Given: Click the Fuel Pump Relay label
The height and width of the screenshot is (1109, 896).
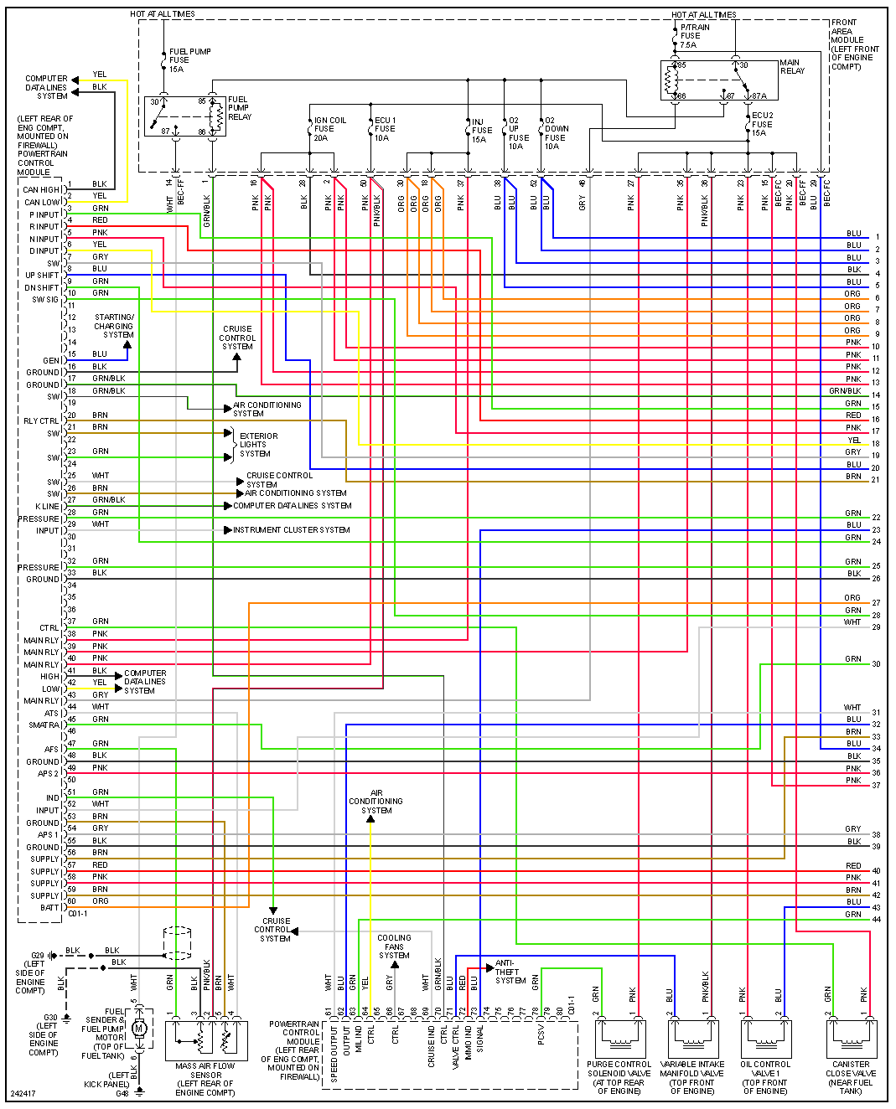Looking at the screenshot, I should tap(238, 108).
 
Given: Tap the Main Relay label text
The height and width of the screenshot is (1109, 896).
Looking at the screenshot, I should tap(791, 66).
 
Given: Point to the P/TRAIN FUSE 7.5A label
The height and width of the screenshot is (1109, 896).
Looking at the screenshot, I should tap(694, 36).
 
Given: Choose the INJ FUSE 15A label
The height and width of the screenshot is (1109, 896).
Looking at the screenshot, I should tap(481, 131).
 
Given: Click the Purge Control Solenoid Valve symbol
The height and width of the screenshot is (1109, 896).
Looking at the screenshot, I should tap(619, 1039).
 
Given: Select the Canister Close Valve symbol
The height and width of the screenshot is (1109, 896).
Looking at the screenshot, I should tap(850, 1039).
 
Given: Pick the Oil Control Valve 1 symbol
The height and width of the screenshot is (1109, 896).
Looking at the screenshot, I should tap(765, 1039).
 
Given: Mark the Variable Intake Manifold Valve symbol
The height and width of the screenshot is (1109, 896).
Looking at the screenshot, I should tap(692, 1039).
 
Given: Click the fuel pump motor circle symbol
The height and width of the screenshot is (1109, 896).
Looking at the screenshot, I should tap(139, 1029).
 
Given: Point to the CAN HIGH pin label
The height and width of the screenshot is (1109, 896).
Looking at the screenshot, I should tap(41, 190).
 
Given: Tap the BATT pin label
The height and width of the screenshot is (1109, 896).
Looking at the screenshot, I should tap(49, 908).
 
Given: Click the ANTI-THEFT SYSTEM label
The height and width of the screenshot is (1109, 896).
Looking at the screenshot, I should tap(510, 972).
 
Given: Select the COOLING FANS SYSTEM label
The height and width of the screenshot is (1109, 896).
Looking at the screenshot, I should tap(394, 947).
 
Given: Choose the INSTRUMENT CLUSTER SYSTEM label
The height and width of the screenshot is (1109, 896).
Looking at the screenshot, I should tap(291, 530).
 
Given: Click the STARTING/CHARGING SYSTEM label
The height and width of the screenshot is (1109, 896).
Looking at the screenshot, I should tap(115, 326).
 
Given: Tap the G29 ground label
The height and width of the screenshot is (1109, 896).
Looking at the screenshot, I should tap(38, 956).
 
